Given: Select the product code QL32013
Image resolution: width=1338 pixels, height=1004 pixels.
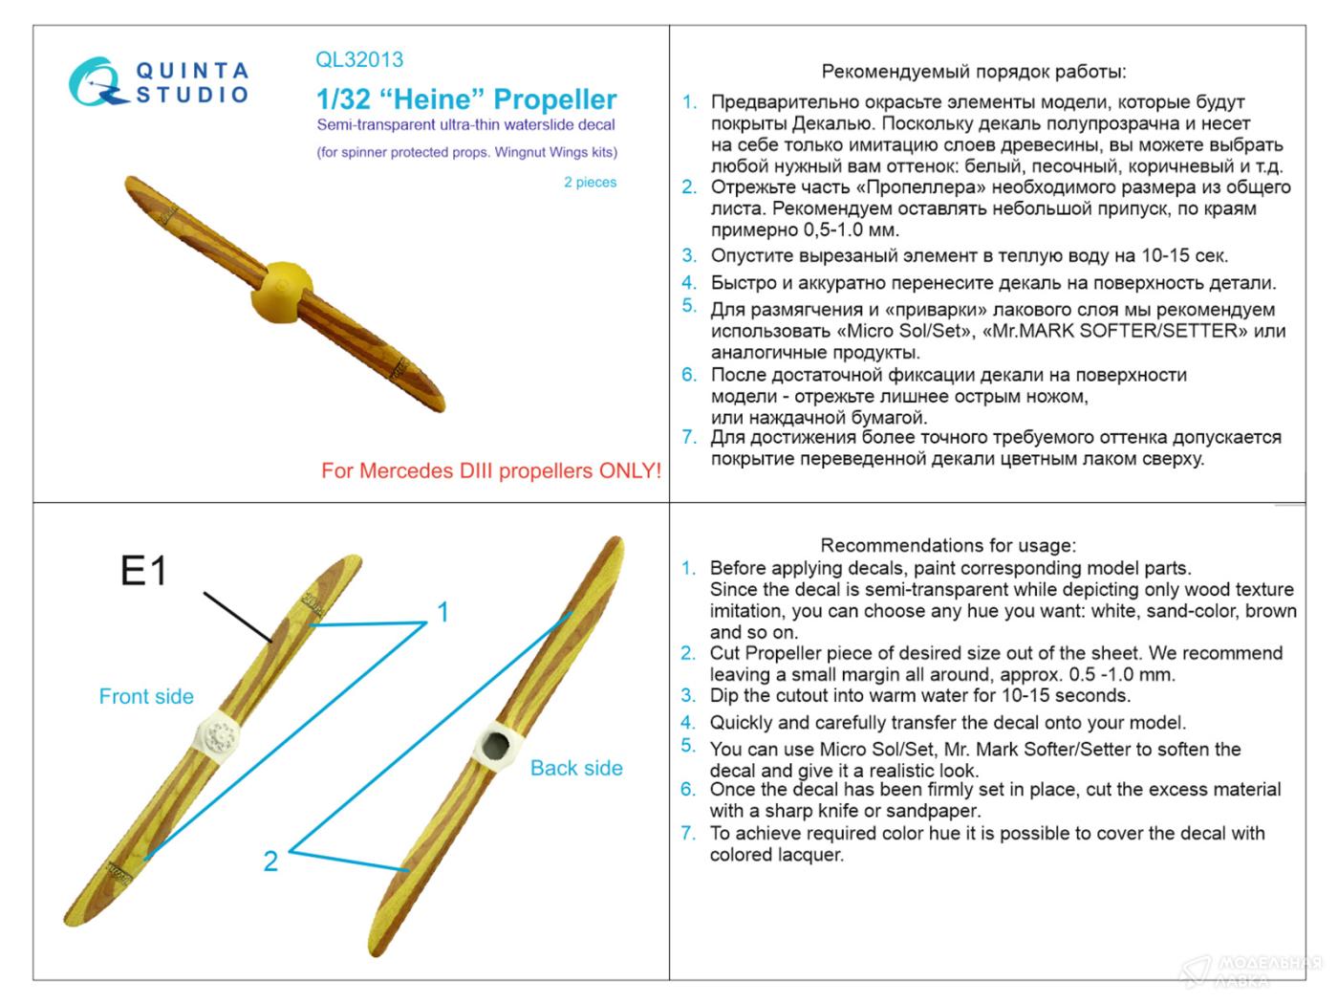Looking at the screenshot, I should point(359,59).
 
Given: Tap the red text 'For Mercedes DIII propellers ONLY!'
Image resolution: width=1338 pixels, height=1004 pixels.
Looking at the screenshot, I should point(491,470).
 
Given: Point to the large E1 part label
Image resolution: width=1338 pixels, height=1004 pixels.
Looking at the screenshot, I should point(144,571).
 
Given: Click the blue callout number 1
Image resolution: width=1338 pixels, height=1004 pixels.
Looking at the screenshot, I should point(442,612).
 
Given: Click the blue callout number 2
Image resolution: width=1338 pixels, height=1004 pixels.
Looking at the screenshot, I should point(270,862).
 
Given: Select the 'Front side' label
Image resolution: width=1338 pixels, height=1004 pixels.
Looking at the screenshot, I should point(146,696).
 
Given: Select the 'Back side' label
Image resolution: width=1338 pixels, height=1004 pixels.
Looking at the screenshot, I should point(576,768).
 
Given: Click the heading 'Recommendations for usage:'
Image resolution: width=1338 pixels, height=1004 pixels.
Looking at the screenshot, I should point(948,545).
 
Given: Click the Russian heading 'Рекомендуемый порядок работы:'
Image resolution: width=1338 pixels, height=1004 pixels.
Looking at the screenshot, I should point(974,72).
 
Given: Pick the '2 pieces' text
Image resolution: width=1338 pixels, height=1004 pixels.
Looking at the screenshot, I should point(590,182).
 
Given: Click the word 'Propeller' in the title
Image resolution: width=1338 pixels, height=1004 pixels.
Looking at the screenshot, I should point(555,99).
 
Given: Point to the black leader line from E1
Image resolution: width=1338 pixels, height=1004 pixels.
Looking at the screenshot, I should point(238,617).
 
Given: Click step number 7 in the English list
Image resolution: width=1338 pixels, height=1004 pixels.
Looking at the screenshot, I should point(688,834).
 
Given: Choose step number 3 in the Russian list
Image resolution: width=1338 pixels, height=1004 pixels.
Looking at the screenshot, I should point(689,255).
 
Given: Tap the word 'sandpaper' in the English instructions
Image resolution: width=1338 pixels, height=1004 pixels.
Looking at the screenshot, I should point(934,811).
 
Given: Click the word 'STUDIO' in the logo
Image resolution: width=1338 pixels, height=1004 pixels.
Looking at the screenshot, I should point(192,95).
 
